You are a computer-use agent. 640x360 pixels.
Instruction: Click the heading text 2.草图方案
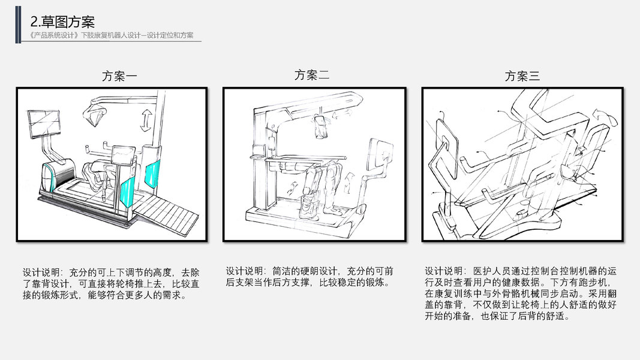click(x=62, y=22)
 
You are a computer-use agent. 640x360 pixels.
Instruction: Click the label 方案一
click(x=119, y=76)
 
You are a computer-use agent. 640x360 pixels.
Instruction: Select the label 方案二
click(x=312, y=75)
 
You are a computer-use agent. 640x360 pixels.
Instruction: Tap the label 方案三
click(x=522, y=76)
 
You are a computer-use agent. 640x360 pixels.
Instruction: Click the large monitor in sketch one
click(x=45, y=125)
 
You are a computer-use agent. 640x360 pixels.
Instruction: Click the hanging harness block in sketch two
click(x=323, y=127)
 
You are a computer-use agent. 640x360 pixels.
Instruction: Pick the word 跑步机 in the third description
click(x=596, y=282)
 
